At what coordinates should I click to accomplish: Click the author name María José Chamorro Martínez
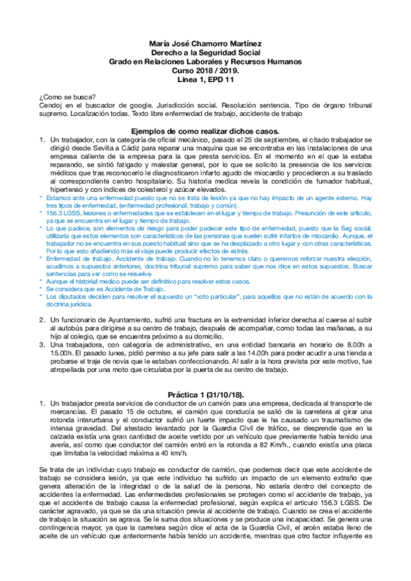pyautogui.click(x=205, y=42)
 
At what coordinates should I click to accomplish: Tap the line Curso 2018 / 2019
pyautogui.click(x=205, y=71)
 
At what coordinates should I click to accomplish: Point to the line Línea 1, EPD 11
pyautogui.click(x=205, y=81)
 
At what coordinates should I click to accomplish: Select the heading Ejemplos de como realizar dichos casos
pyautogui.click(x=205, y=129)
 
